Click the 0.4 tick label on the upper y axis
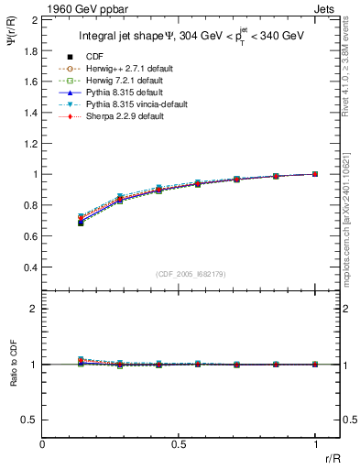31,267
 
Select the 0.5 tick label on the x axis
179,443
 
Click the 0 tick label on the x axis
42,443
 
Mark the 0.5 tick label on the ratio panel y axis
31,420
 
